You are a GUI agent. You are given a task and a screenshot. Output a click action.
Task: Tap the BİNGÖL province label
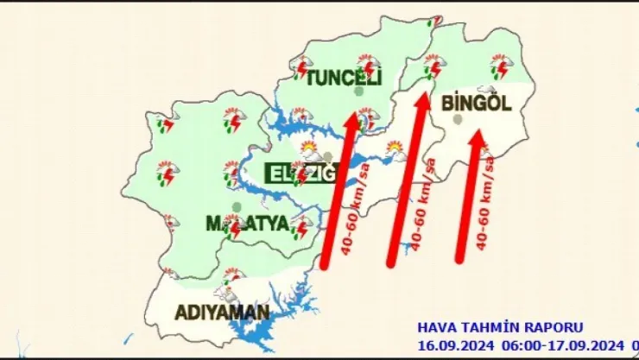click(x=476, y=103)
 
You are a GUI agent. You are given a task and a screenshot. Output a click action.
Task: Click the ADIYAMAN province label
click(x=223, y=311)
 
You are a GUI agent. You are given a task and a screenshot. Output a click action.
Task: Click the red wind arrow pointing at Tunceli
click(x=339, y=189)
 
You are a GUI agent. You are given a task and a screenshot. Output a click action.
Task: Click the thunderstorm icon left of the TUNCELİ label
click(x=302, y=66)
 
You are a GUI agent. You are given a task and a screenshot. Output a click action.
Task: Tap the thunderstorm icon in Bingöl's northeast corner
click(x=502, y=66)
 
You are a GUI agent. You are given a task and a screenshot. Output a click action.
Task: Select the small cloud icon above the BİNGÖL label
click(x=487, y=88)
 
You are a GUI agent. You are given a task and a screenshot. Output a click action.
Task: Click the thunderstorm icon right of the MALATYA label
click(x=301, y=227)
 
